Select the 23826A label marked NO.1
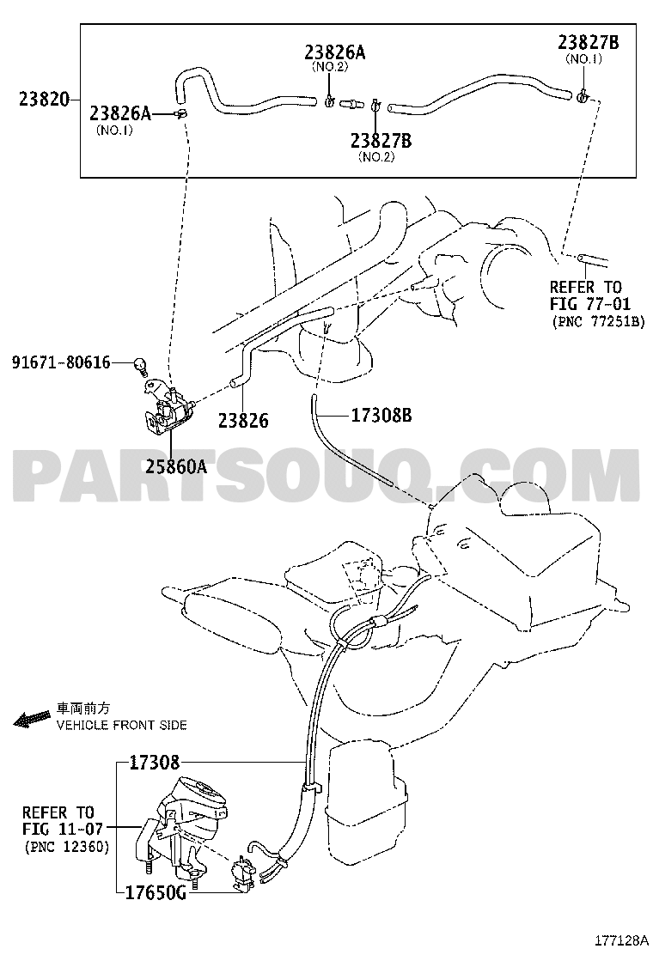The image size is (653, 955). click(x=120, y=113)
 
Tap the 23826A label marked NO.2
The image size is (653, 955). click(x=335, y=52)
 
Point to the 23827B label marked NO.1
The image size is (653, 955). click(x=589, y=42)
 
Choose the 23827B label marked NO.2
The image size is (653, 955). click(x=381, y=141)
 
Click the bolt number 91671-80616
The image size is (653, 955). click(x=61, y=363)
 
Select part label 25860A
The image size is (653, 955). click(x=175, y=467)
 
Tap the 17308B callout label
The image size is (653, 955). click(x=381, y=416)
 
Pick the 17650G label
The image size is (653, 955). click(x=156, y=893)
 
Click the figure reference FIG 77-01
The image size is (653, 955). click(x=590, y=304)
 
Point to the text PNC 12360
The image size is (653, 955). click(x=67, y=847)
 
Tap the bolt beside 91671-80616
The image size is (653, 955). click(x=140, y=366)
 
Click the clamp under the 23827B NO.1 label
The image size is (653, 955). click(x=582, y=95)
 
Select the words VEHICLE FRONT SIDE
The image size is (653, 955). click(x=122, y=725)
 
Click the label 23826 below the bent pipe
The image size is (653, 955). click(x=243, y=420)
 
